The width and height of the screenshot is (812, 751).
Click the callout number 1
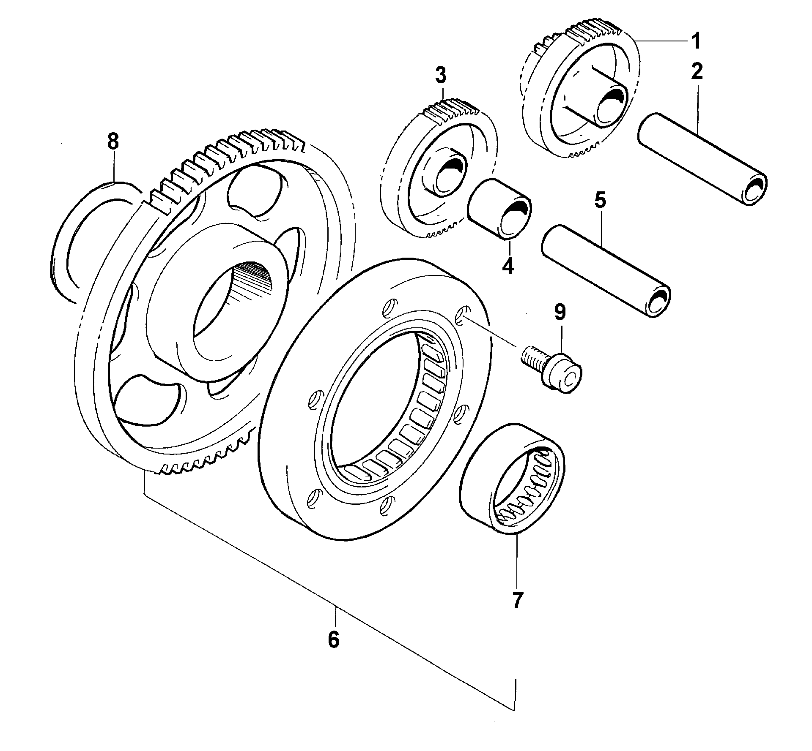click(695, 42)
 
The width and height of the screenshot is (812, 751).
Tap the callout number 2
click(697, 71)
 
